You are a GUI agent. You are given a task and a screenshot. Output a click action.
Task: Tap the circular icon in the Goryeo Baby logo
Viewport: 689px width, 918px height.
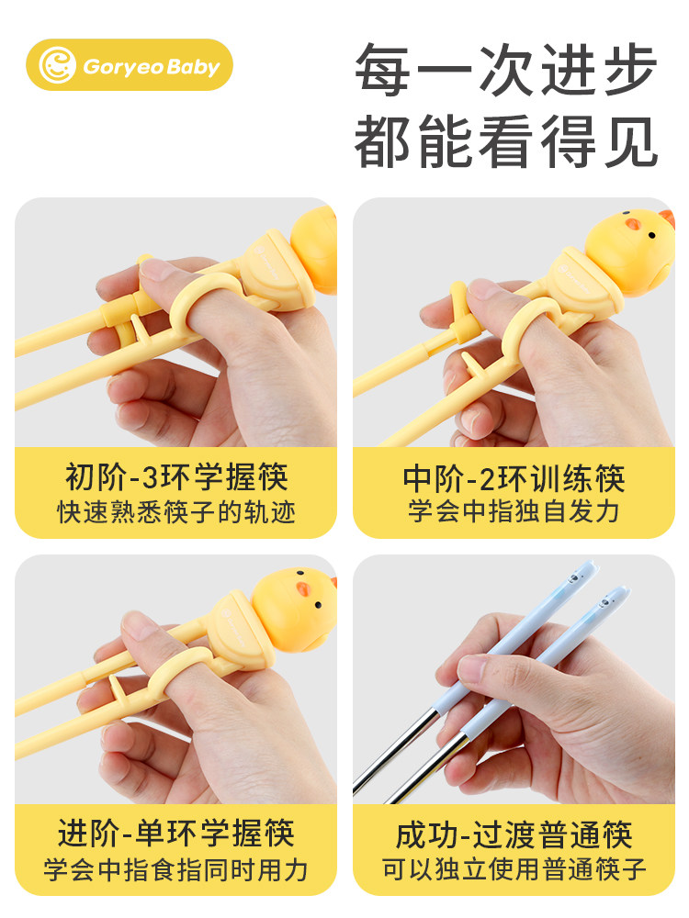coord(58,65)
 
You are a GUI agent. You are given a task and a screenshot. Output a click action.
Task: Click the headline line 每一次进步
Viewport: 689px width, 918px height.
coord(506,70)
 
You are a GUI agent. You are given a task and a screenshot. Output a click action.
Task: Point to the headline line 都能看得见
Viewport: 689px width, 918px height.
coord(506,139)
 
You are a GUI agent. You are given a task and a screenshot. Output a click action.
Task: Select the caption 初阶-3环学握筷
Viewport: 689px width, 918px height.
coord(176,477)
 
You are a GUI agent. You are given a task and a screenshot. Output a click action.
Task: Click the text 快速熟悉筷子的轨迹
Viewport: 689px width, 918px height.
coord(176,511)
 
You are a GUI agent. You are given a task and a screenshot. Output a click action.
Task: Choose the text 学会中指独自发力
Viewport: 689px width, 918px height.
coord(514,511)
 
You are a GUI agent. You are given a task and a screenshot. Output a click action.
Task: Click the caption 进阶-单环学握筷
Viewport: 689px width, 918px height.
coord(176,834)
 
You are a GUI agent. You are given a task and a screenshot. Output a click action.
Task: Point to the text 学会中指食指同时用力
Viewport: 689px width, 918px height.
coord(176,868)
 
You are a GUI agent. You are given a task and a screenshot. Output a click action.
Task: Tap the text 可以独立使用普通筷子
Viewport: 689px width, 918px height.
coord(514,868)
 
